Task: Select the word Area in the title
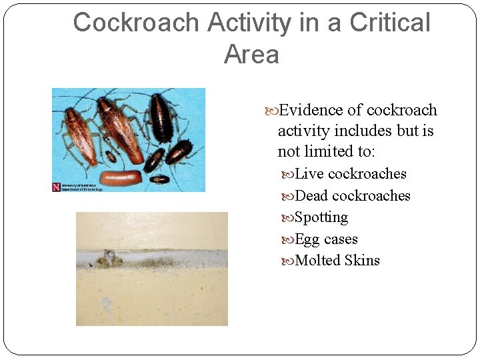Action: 251,54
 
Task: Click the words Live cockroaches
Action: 350,174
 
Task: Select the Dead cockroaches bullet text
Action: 352,196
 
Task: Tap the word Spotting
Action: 321,217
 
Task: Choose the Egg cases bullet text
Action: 326,239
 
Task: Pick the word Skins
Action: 362,261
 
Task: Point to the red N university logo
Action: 56,187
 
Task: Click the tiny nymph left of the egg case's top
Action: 111,157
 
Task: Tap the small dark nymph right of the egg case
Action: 160,179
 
